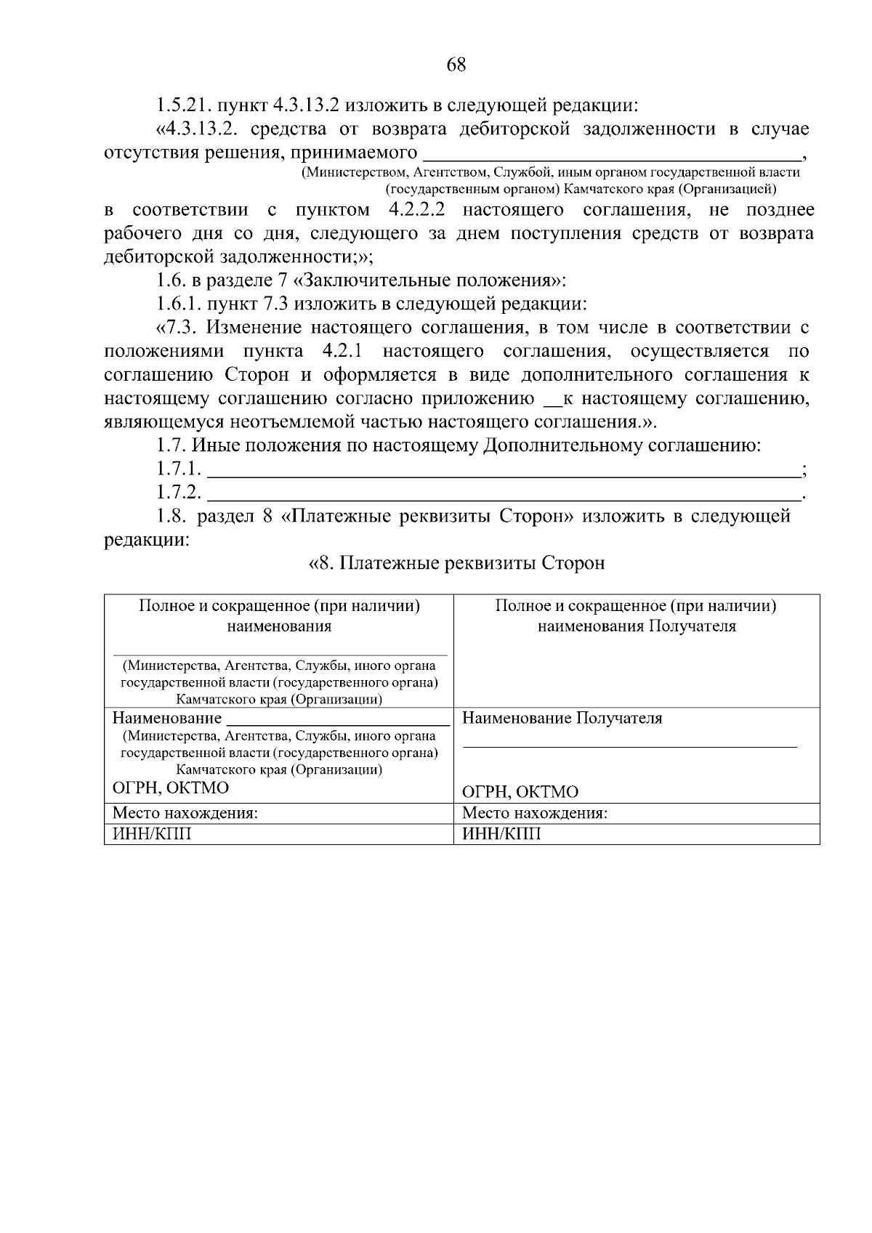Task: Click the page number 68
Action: (x=456, y=65)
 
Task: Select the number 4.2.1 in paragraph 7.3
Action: (x=341, y=352)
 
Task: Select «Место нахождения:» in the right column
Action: (x=535, y=814)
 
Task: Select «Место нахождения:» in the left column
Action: (x=185, y=814)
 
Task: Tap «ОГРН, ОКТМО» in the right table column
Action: (x=520, y=792)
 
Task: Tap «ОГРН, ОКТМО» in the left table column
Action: (x=170, y=788)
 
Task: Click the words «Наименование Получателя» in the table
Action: (x=562, y=719)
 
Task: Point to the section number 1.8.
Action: (x=171, y=517)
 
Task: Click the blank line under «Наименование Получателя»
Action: (x=629, y=745)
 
